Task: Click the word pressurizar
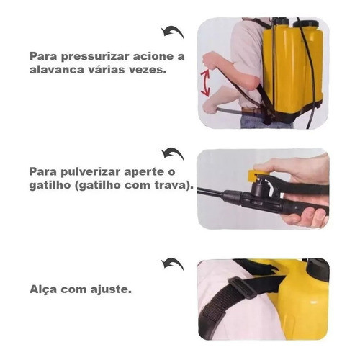pos(95,57)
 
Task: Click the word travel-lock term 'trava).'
pos(174,186)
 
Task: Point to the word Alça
pos(43,289)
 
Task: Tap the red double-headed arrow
pos(205,83)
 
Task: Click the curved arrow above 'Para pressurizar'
pos(173,32)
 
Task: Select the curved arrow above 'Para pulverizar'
pos(173,154)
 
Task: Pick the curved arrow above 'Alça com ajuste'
pos(173,264)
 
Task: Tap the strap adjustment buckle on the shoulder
pos(242,287)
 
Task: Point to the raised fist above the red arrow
pos(211,60)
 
